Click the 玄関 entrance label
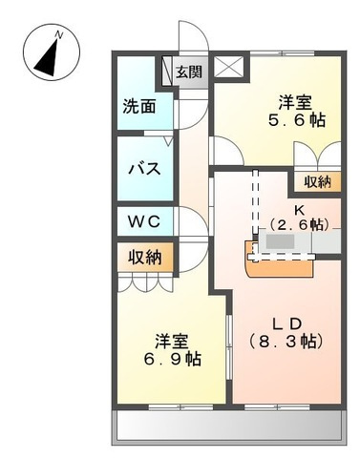pos(189,73)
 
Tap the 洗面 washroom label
pos(139,106)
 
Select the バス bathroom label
pos(144,169)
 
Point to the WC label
pos(144,221)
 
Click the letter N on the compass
pos(59,34)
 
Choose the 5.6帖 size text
pos(297,120)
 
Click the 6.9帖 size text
pos(172,359)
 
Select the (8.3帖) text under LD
pos(286,342)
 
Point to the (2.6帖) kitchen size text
pos(299,225)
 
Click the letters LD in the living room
pos(286,324)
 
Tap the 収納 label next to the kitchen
pos(317,181)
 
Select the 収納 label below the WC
pos(145,257)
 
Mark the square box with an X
pos(229,67)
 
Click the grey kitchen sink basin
pos(281,242)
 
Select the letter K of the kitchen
pos(299,210)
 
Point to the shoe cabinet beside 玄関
pos(167,71)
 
